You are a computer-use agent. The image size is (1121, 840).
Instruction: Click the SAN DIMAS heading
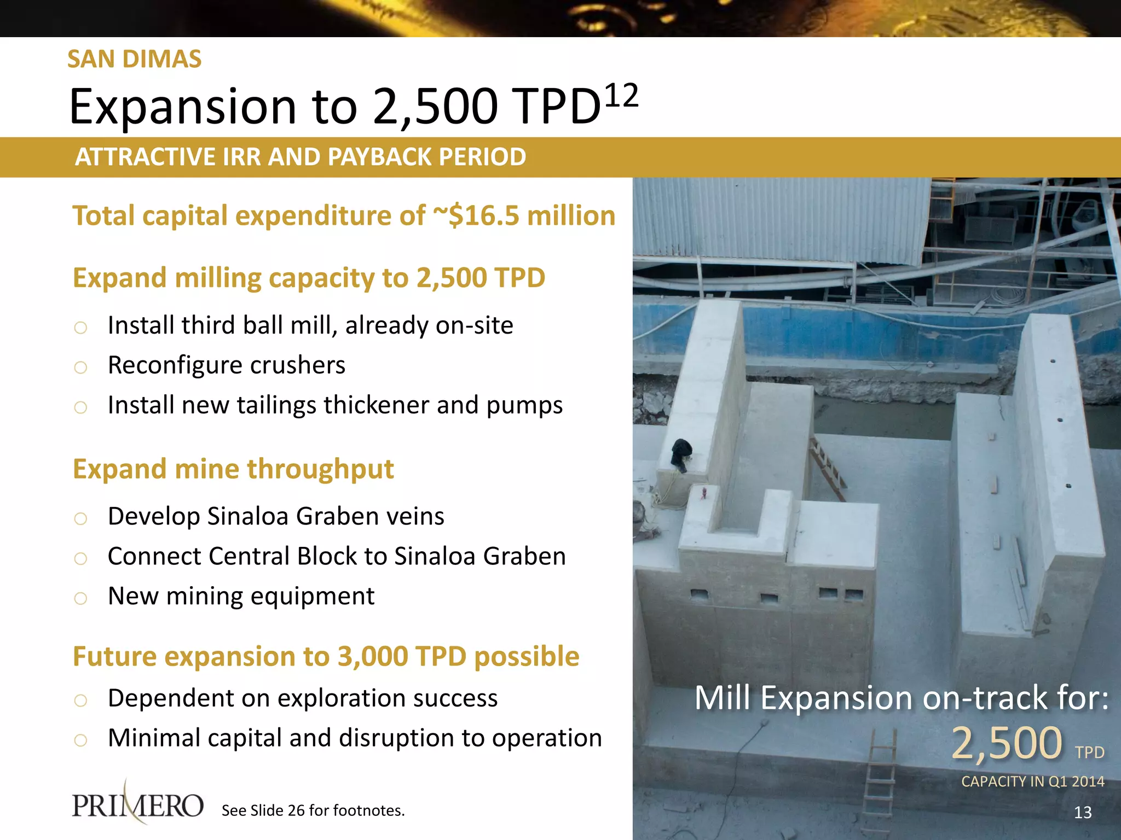134,59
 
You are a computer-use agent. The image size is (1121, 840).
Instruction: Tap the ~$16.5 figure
476,215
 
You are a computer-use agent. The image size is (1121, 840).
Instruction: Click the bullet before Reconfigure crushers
80,367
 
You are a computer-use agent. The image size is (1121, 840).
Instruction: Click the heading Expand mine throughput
233,469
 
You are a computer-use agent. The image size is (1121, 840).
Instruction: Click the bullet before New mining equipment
80,598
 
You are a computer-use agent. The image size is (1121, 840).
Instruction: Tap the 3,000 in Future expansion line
372,656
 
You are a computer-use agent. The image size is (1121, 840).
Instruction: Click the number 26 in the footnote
296,810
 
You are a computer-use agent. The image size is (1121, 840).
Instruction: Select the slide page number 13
1082,813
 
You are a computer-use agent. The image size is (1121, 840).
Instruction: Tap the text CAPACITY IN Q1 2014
1032,781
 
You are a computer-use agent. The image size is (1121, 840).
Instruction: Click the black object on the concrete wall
681,453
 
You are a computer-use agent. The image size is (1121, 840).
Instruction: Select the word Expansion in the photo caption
837,698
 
